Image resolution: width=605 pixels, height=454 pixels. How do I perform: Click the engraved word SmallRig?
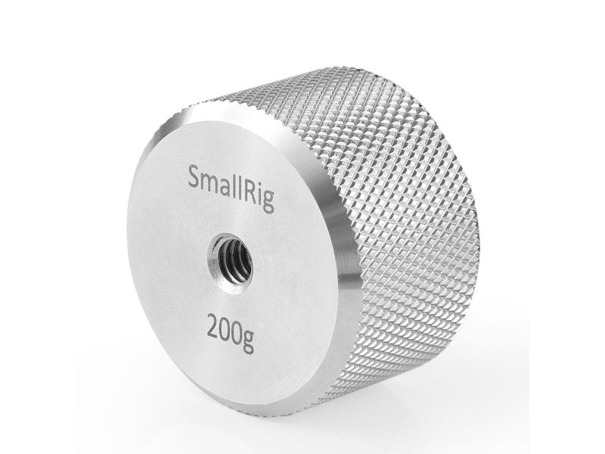(231, 188)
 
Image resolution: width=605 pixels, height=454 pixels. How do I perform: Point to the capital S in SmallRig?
(194, 176)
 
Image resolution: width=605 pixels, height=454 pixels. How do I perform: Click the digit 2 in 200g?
(214, 325)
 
